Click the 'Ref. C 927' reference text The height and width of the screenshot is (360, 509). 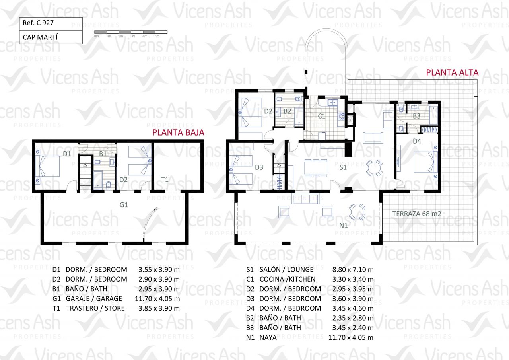pos(38,23)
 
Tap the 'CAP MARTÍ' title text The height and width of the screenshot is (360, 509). pos(40,37)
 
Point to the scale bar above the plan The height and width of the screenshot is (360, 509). pos(131,32)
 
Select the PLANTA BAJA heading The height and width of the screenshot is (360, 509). pos(178,132)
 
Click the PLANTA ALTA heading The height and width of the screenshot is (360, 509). pos(452,72)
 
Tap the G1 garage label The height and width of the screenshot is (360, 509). pos(124,205)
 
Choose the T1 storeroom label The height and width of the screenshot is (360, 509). pos(165,180)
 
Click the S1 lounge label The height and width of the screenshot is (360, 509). pos(343,167)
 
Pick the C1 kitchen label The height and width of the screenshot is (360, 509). pos(322,116)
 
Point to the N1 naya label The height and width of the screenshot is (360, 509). pos(343,226)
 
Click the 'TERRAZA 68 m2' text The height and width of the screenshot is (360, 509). pos(417,214)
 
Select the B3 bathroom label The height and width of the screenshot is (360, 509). pos(416,116)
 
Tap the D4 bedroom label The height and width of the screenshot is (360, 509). pos(417,141)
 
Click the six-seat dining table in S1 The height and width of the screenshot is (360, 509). pos(316,168)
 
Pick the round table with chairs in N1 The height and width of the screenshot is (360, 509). pos(357,212)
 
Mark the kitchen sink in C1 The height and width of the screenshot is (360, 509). pos(332,103)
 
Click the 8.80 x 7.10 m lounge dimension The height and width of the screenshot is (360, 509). pos(353,270)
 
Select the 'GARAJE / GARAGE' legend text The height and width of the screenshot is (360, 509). pos(94,299)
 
